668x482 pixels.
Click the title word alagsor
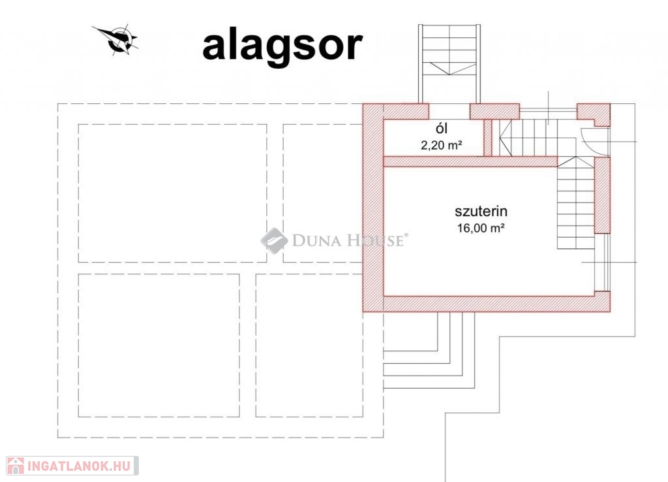282,47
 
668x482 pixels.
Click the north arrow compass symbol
117,40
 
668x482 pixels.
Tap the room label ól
442,128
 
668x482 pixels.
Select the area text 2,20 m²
442,145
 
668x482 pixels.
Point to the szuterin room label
481,211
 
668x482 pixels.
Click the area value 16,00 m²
481,228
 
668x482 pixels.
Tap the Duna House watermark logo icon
274,240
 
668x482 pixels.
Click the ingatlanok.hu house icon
16,466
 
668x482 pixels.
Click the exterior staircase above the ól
449,64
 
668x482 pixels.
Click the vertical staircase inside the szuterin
576,203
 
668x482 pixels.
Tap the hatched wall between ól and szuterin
470,161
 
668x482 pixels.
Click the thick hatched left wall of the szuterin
372,208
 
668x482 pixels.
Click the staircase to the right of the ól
528,137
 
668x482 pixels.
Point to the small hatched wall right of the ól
488,137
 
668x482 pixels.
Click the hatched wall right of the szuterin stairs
602,195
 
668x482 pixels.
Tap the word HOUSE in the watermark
374,240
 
